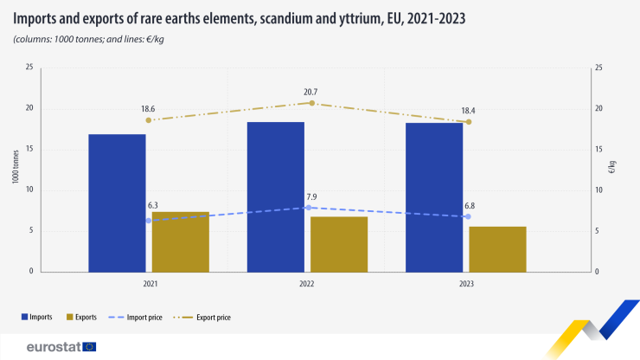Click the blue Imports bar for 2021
click(117, 202)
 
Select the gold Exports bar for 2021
click(181, 241)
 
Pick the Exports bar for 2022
click(339, 244)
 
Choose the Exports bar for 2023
click(497, 249)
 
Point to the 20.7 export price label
click(311, 91)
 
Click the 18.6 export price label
click(149, 108)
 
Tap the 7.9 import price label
click(311, 196)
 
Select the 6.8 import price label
click(468, 205)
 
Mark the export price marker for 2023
click(469, 122)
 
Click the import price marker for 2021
click(149, 221)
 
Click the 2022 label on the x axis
click(307, 284)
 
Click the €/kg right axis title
click(612, 169)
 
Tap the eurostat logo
click(61, 347)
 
